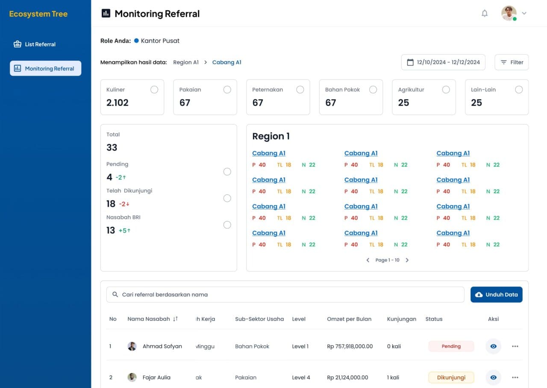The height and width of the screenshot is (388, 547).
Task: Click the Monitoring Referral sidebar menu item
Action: tap(46, 68)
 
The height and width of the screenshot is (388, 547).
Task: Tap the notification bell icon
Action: tap(485, 13)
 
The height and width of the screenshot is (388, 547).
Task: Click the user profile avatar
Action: tap(509, 13)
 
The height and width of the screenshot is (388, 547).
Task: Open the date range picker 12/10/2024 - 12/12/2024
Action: tap(443, 62)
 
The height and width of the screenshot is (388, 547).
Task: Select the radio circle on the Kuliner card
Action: tap(154, 89)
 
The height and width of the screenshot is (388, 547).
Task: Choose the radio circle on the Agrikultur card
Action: tap(446, 89)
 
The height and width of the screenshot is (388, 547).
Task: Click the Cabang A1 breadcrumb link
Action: tap(226, 62)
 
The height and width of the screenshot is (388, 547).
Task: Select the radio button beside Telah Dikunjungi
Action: tap(227, 198)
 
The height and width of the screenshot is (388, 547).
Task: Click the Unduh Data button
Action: tap(496, 294)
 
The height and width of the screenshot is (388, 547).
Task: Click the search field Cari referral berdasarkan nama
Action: tap(285, 294)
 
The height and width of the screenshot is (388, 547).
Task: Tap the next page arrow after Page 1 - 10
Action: tap(407, 260)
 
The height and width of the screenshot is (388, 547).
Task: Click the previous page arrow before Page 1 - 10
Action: tap(368, 260)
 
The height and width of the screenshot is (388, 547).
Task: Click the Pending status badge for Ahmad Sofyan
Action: tap(451, 346)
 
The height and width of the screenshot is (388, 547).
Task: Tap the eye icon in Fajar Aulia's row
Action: tap(493, 377)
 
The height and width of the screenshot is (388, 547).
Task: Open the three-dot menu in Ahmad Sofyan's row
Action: tap(515, 346)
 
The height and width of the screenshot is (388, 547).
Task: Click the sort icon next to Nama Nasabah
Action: tap(175, 319)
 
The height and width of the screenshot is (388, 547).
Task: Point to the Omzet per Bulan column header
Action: tap(349, 319)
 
